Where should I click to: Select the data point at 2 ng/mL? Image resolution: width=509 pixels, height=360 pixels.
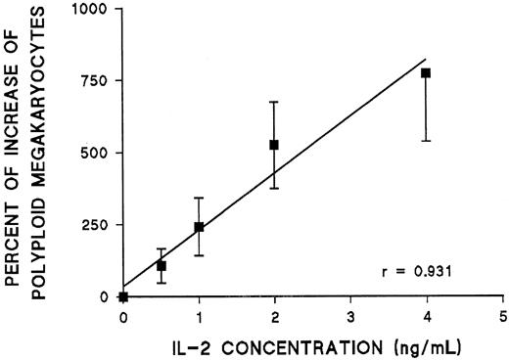coord(274,145)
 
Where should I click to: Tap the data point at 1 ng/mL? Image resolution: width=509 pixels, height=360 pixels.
coord(199,227)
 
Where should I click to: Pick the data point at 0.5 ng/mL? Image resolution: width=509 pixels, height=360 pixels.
coord(162,265)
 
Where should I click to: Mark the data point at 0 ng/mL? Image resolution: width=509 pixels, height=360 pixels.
coord(123,296)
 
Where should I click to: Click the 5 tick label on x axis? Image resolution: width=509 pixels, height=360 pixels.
coord(502,318)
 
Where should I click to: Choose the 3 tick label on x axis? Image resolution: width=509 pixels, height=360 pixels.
coord(350,318)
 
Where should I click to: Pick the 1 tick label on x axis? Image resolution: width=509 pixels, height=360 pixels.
coord(199,318)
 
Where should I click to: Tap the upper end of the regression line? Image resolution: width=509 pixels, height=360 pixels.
coord(426,58)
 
